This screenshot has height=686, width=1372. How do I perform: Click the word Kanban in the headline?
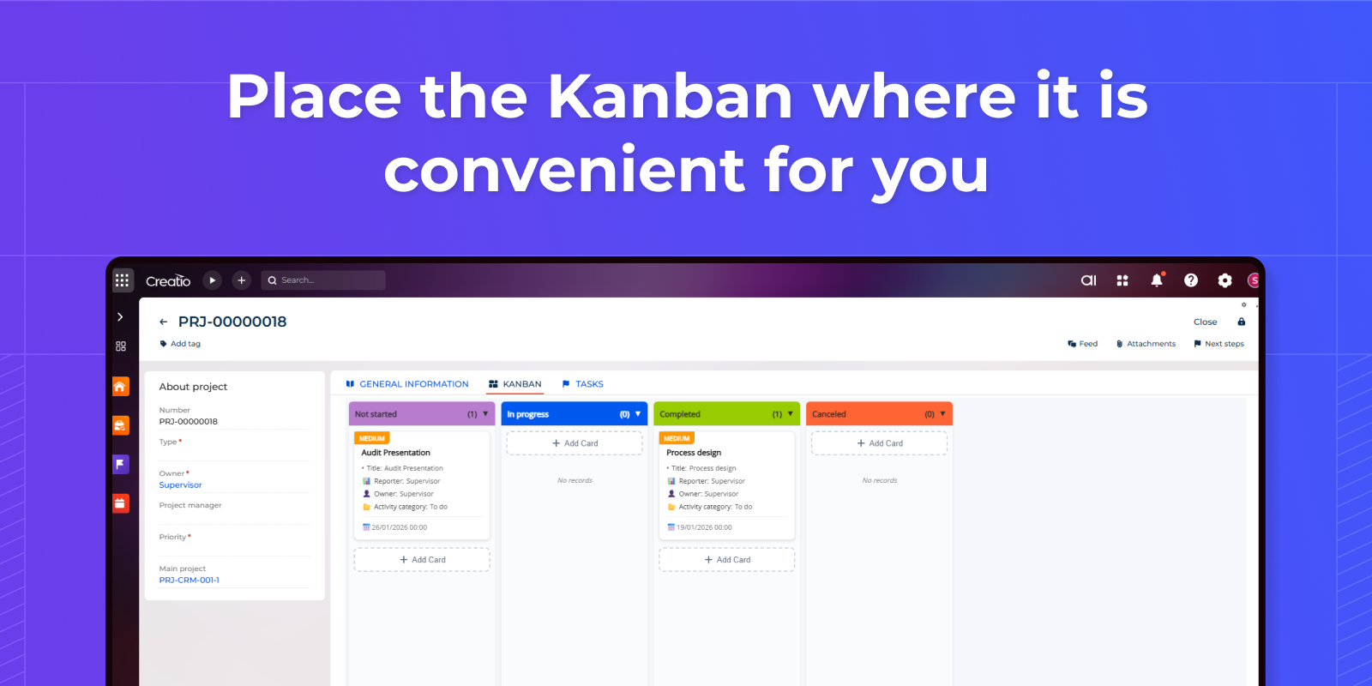(670, 96)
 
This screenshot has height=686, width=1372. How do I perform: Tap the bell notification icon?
(1157, 280)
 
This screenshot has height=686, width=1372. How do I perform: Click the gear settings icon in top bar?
(1225, 280)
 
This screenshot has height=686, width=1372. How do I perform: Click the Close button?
(1205, 322)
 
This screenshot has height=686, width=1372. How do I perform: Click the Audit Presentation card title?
(395, 453)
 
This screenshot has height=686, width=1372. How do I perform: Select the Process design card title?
(694, 453)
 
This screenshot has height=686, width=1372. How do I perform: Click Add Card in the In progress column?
(575, 442)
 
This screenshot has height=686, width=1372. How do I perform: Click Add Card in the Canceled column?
(879, 442)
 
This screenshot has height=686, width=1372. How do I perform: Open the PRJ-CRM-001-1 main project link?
(189, 580)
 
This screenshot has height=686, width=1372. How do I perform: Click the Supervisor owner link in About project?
(180, 484)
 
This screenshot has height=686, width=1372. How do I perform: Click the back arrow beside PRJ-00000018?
(164, 322)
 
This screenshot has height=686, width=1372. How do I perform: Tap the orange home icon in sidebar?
(121, 387)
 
